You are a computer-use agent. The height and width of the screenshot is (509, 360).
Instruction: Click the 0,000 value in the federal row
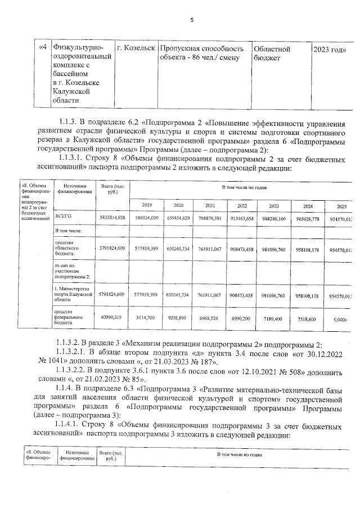[x=339, y=318]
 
